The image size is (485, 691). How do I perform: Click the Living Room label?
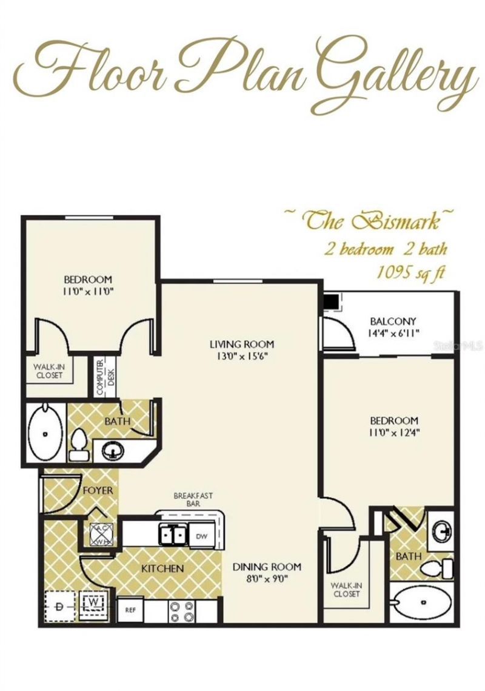click(x=241, y=344)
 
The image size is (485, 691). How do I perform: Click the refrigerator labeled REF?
click(x=130, y=610)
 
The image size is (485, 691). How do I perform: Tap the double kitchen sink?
click(x=173, y=535)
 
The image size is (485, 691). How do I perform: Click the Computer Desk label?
click(x=104, y=378)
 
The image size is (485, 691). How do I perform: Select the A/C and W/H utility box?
click(x=102, y=534)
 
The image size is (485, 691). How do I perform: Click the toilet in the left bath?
click(x=78, y=445)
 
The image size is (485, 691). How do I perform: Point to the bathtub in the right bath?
click(x=423, y=602)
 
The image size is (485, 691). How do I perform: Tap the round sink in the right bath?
click(x=441, y=529)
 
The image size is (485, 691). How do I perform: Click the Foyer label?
click(x=98, y=490)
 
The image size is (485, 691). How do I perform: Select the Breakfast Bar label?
click(x=193, y=499)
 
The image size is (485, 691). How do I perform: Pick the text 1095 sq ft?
click(x=410, y=273)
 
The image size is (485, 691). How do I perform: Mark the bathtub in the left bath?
click(x=45, y=434)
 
